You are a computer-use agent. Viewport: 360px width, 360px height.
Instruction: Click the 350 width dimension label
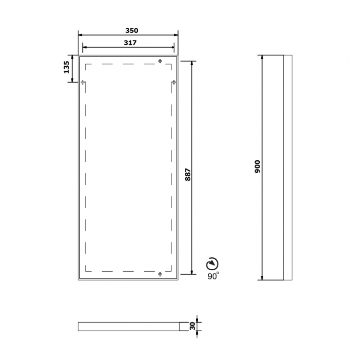point(132,30)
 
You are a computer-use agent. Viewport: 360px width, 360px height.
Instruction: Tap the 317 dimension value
point(130,43)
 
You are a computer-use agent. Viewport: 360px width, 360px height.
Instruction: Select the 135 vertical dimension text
point(66,67)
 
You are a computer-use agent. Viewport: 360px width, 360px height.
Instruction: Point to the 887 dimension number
point(188,175)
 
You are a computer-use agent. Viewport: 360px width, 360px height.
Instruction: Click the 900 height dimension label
point(258,167)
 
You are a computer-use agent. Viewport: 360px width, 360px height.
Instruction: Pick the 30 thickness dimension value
point(192,326)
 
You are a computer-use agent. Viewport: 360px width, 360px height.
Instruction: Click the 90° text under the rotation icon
point(213,276)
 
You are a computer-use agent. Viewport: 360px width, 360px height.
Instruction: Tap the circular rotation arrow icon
point(212,264)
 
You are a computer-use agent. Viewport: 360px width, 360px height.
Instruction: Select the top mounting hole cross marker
point(160,61)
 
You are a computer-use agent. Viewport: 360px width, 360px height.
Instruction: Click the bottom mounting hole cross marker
point(160,274)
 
